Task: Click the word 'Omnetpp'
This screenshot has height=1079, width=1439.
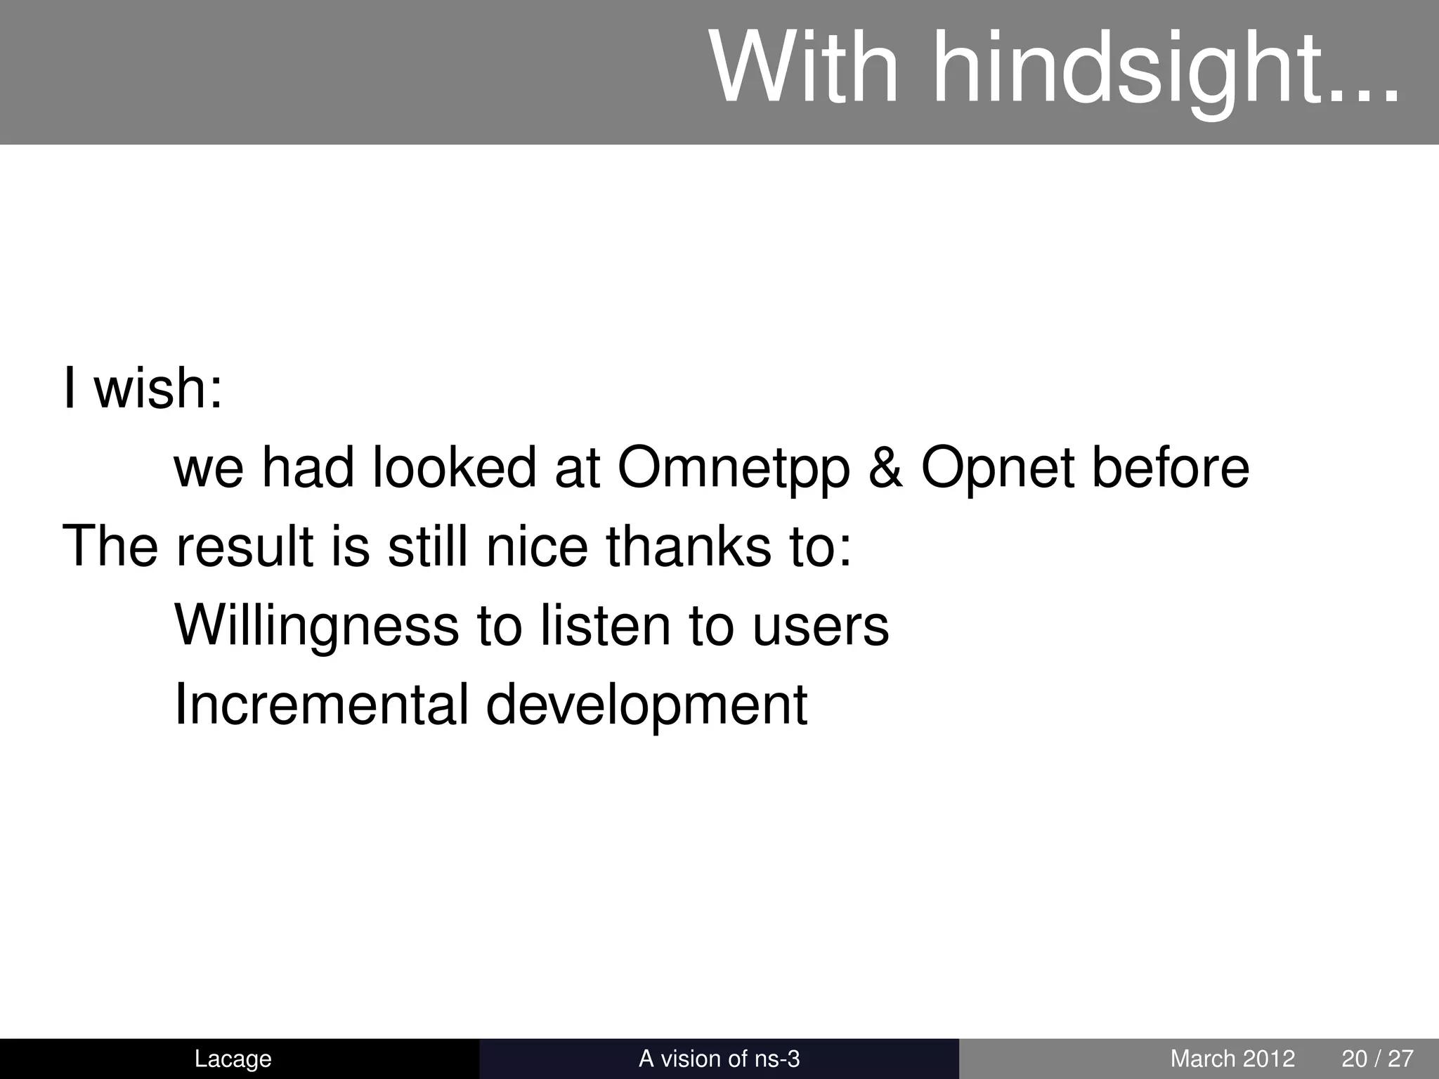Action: (734, 469)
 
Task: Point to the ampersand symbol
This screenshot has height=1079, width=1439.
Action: (885, 468)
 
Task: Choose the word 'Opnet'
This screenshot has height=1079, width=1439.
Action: (998, 469)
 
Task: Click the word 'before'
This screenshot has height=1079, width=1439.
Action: (1171, 468)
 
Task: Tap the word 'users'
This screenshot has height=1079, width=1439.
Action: (820, 627)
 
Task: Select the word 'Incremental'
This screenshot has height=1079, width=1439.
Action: (321, 705)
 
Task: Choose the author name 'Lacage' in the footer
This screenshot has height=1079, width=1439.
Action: (233, 1059)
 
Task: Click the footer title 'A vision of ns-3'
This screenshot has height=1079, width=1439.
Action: (719, 1059)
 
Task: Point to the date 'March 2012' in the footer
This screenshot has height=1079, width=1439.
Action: (1232, 1059)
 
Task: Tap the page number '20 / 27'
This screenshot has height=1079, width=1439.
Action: (1377, 1059)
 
